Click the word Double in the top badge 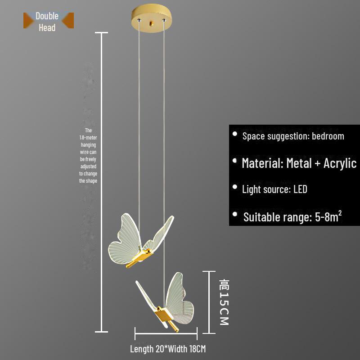tap(47, 16)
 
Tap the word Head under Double tap(47, 27)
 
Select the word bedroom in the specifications tap(328, 136)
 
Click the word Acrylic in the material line tap(340, 163)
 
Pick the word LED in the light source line tap(300, 189)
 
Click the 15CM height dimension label tap(224, 302)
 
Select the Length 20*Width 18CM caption tap(168, 349)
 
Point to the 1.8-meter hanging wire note tap(88, 155)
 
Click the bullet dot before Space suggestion tap(234, 134)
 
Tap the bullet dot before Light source tap(234, 187)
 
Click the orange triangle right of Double tap(68, 20)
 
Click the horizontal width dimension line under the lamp tap(166, 333)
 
